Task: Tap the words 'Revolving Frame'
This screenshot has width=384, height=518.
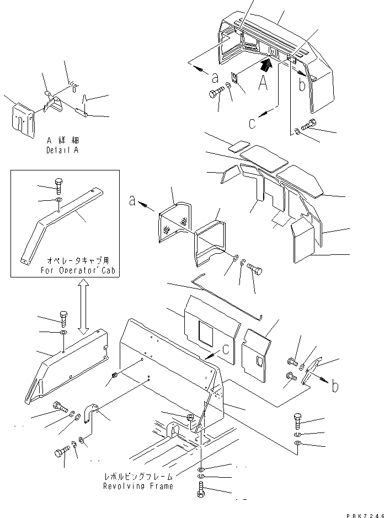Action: pyautogui.click(x=138, y=486)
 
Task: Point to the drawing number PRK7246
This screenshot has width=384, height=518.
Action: pyautogui.click(x=364, y=514)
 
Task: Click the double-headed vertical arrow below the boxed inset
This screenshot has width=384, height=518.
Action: pyautogui.click(x=82, y=307)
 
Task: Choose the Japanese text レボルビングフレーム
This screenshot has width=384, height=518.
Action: pyautogui.click(x=138, y=476)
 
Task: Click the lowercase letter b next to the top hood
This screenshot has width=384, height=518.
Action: pyautogui.click(x=301, y=84)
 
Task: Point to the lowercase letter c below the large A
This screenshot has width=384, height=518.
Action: pyautogui.click(x=251, y=124)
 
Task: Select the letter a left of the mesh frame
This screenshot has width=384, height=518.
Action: pyautogui.click(x=132, y=201)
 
